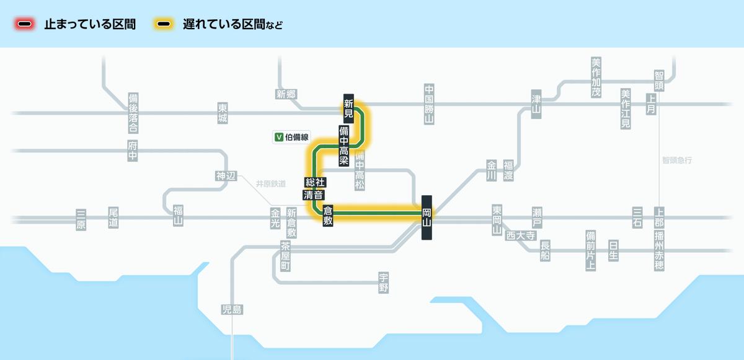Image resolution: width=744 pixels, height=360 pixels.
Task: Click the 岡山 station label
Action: (427, 217)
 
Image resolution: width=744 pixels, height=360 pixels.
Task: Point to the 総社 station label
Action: (315, 183)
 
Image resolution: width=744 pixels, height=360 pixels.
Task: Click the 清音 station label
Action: (313, 195)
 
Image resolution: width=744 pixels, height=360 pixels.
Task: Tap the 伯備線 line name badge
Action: (291, 137)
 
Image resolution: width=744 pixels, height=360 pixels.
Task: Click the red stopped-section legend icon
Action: (25, 25)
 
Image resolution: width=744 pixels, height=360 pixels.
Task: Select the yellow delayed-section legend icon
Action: (164, 25)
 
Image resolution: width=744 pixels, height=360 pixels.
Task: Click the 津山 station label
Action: (536, 103)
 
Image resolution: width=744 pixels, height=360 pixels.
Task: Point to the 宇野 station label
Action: (384, 283)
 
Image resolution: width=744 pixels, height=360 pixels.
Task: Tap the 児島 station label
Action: (232, 310)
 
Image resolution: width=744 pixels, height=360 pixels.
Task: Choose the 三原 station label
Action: (81, 219)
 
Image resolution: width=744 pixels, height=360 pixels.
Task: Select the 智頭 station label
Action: (658, 81)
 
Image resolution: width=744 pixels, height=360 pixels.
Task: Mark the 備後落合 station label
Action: (133, 113)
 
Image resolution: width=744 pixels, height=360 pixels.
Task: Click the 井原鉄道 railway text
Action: (271, 183)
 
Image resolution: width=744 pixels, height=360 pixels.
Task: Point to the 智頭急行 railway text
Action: (676, 160)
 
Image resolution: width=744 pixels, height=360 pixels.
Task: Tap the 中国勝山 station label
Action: (428, 104)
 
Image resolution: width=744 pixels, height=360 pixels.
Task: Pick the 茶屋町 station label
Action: (285, 256)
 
